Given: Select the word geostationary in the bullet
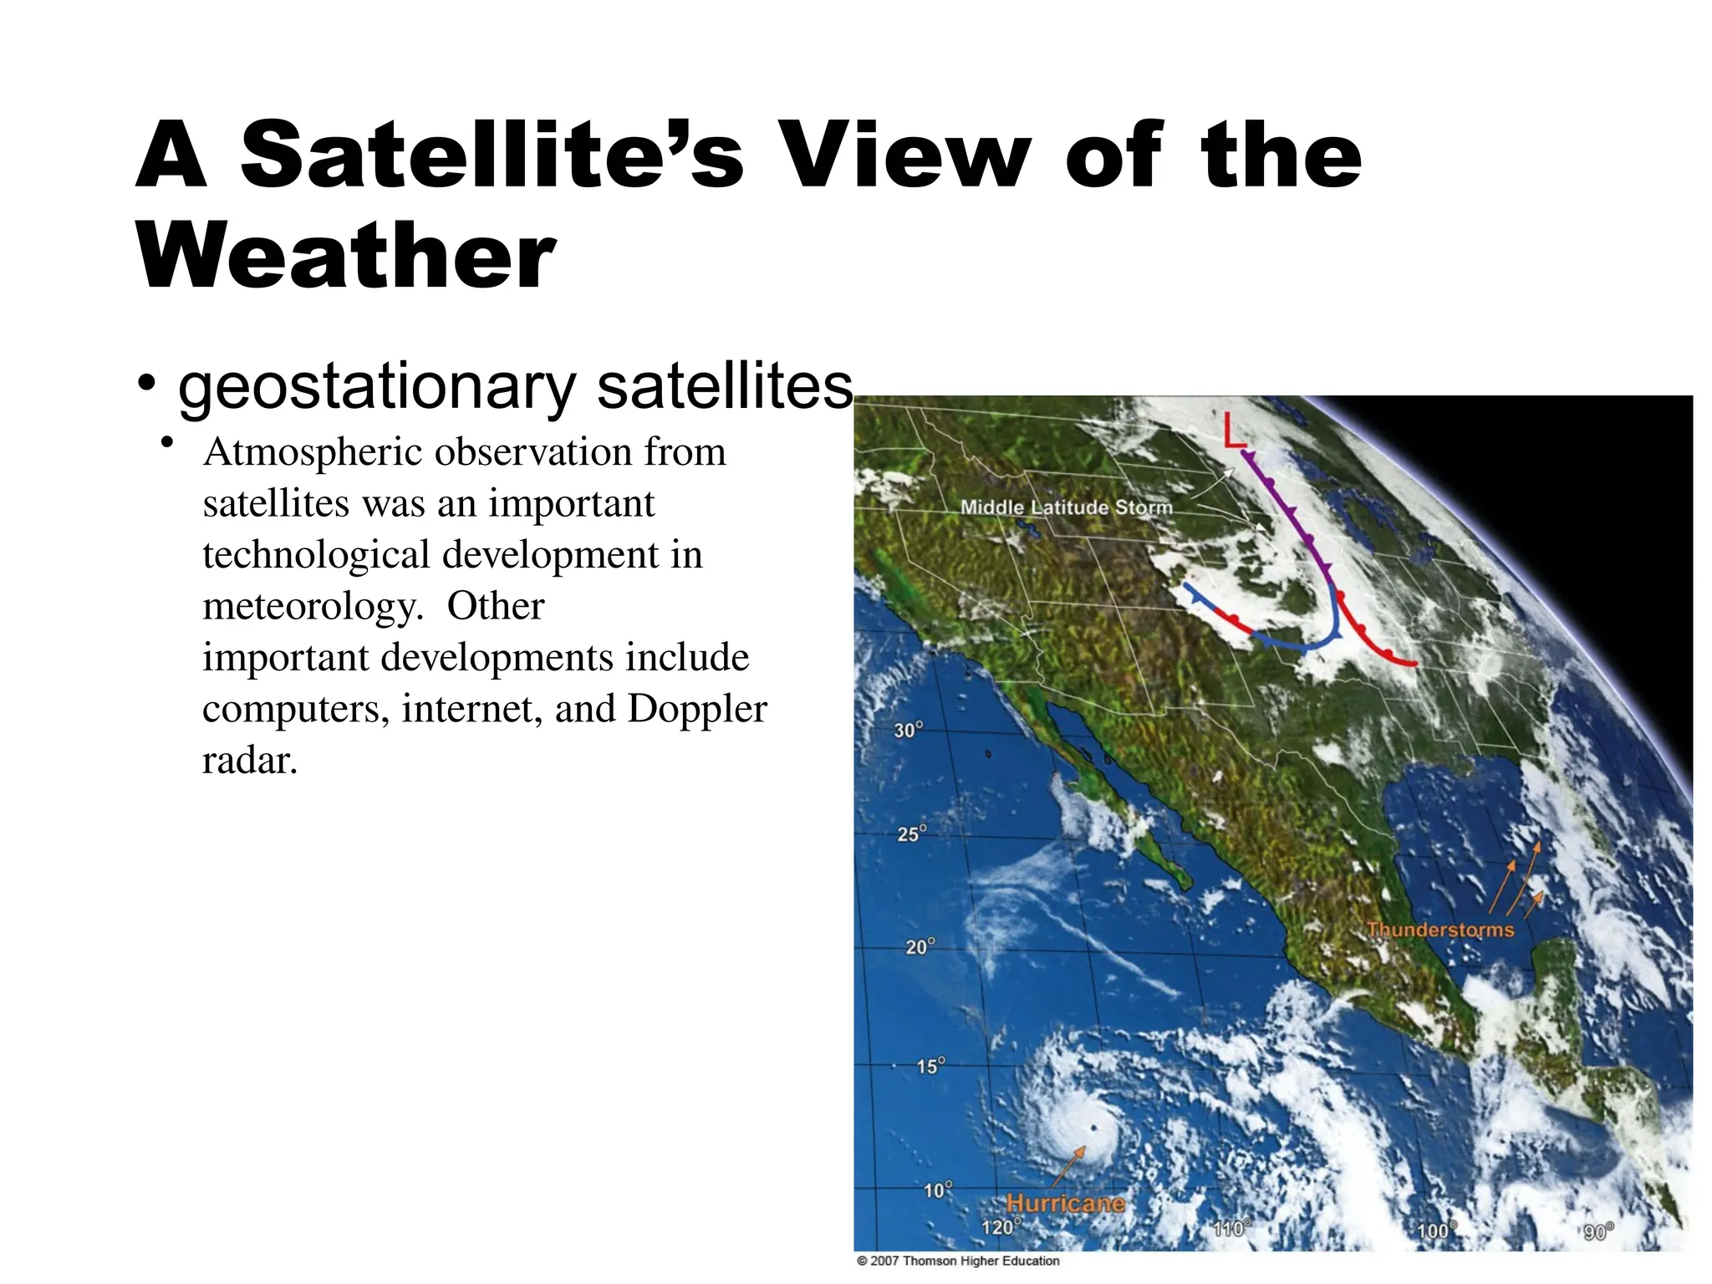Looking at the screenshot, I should point(377,388).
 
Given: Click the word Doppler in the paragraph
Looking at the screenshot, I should point(697,709).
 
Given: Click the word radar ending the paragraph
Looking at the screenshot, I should point(249,761).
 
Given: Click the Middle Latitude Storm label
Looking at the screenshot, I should point(1066,507).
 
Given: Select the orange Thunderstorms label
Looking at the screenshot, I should point(1440,930).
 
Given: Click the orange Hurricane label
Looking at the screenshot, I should point(1065,1203).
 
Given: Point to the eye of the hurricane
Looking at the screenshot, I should point(1093,1129).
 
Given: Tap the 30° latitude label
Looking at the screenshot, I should point(908,730).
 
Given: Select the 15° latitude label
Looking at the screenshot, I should point(930,1066).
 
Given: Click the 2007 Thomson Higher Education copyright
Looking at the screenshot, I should point(958,1261).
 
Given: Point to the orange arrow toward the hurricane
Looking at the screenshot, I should point(1067,1165).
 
